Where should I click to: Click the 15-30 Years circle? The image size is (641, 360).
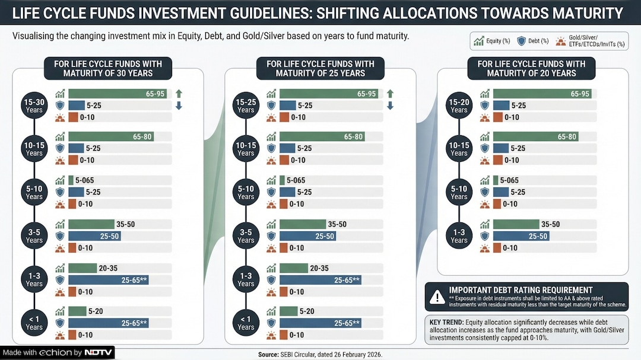(x=34, y=106)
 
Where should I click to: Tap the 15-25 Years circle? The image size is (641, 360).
(x=246, y=106)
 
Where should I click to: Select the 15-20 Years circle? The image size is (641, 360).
(x=459, y=106)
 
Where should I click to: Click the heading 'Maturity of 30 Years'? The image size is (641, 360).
(x=108, y=69)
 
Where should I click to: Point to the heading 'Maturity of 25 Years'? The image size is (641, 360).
(x=320, y=69)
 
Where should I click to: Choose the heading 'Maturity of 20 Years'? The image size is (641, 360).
(x=531, y=69)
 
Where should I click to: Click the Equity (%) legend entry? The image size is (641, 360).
(x=493, y=41)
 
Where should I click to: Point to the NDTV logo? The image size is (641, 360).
(x=98, y=353)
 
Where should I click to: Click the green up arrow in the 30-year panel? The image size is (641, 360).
(x=179, y=94)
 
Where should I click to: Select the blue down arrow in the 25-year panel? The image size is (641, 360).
(x=390, y=106)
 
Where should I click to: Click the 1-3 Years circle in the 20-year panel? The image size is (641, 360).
(x=459, y=236)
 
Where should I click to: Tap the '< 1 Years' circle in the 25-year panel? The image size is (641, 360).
(x=246, y=323)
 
